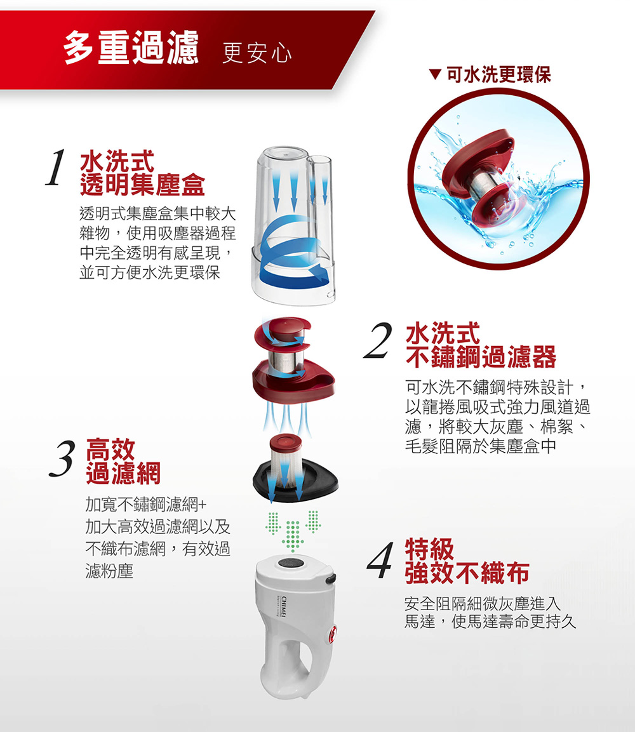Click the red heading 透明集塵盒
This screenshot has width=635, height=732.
pos(142,185)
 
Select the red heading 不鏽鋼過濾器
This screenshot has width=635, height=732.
pos(481,357)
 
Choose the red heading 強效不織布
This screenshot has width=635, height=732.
pos(467,573)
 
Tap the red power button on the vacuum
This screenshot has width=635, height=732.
pos(332,634)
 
